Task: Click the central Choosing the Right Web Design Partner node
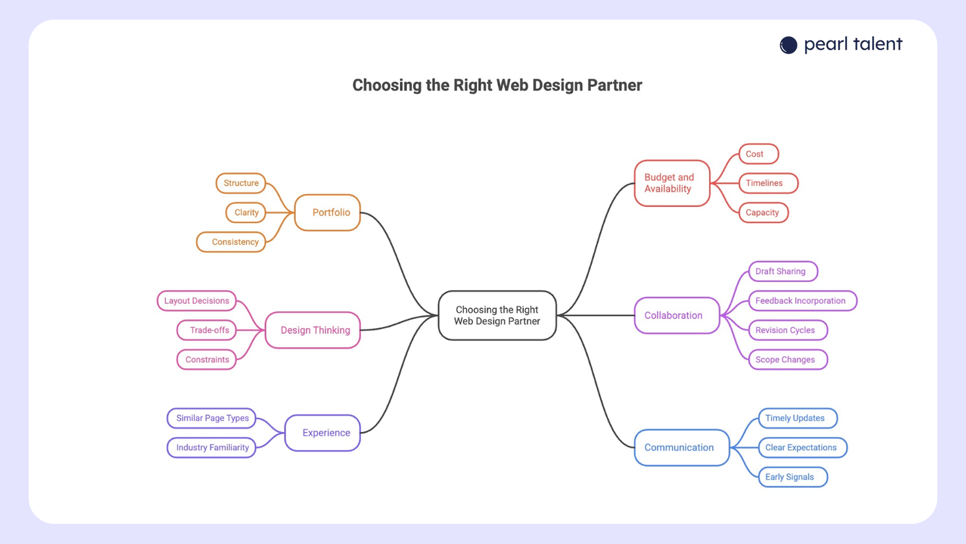(497, 315)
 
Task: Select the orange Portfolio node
(328, 213)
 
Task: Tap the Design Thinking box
(313, 330)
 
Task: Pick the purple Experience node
(323, 433)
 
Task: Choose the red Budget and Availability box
(672, 183)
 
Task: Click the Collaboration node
(677, 315)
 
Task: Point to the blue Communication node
(682, 447)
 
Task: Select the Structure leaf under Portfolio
(241, 183)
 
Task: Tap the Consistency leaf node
(231, 242)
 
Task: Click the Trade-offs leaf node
(207, 330)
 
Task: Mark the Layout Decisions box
(197, 301)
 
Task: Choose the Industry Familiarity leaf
(212, 447)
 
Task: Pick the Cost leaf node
(758, 154)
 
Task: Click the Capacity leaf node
(763, 213)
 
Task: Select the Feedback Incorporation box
(802, 301)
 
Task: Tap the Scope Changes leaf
(788, 360)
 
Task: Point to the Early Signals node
(792, 477)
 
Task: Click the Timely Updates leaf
(797, 418)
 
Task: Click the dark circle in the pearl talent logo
(788, 45)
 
